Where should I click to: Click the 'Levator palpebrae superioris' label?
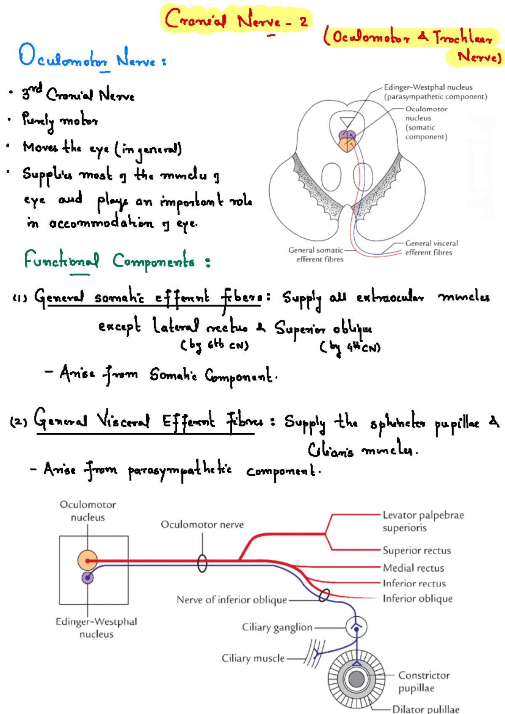(423, 521)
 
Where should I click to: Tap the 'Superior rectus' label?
(416, 550)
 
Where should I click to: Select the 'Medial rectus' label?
(413, 568)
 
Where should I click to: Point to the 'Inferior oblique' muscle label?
(417, 599)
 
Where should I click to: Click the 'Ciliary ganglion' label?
(277, 627)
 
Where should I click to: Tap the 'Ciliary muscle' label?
(253, 658)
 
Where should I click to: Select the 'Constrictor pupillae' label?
(423, 681)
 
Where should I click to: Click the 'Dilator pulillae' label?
(425, 709)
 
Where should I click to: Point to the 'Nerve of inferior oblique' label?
(231, 599)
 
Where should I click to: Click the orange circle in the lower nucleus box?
(88, 561)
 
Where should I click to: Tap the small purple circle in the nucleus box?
(88, 578)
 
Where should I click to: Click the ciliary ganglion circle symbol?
(356, 627)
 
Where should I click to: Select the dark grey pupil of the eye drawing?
(356, 679)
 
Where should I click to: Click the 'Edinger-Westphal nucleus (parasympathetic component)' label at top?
(435, 92)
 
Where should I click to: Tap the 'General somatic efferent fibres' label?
(316, 254)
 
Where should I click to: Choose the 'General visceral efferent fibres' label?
(431, 248)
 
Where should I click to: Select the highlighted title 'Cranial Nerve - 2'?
(236, 19)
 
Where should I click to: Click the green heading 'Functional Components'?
(116, 261)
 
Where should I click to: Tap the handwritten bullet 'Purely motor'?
(60, 121)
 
